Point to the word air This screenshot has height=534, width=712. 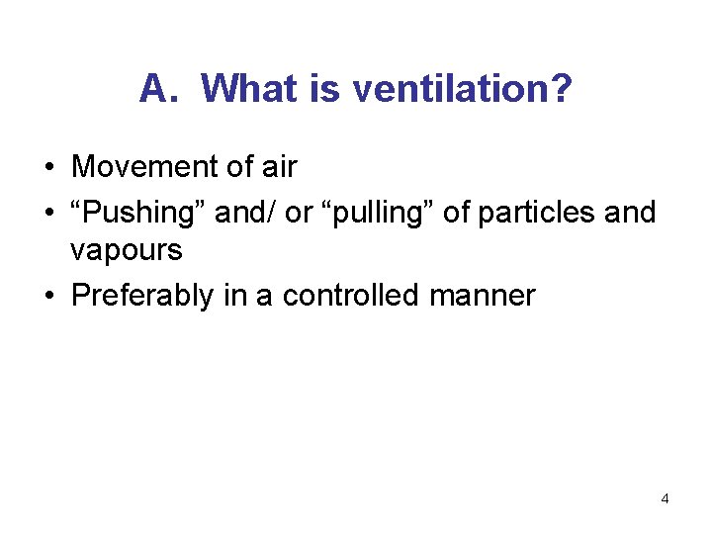coord(278,167)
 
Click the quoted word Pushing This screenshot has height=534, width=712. coord(137,212)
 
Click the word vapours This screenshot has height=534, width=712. coord(127,250)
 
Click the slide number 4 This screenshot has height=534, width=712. coord(665,498)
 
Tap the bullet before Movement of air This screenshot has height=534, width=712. coord(48,168)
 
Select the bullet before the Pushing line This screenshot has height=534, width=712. coord(48,213)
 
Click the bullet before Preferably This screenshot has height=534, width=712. coord(48,296)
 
